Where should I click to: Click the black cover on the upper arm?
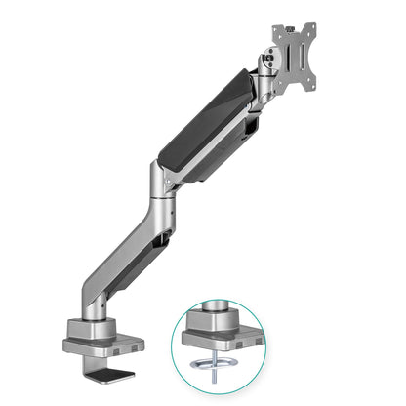205,128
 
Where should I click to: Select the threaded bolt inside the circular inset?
218,376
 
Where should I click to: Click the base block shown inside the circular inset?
219,332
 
